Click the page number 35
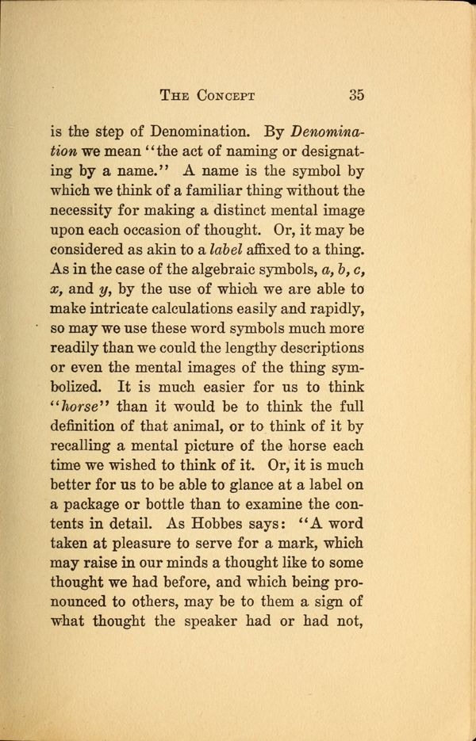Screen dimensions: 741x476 point(355,96)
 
